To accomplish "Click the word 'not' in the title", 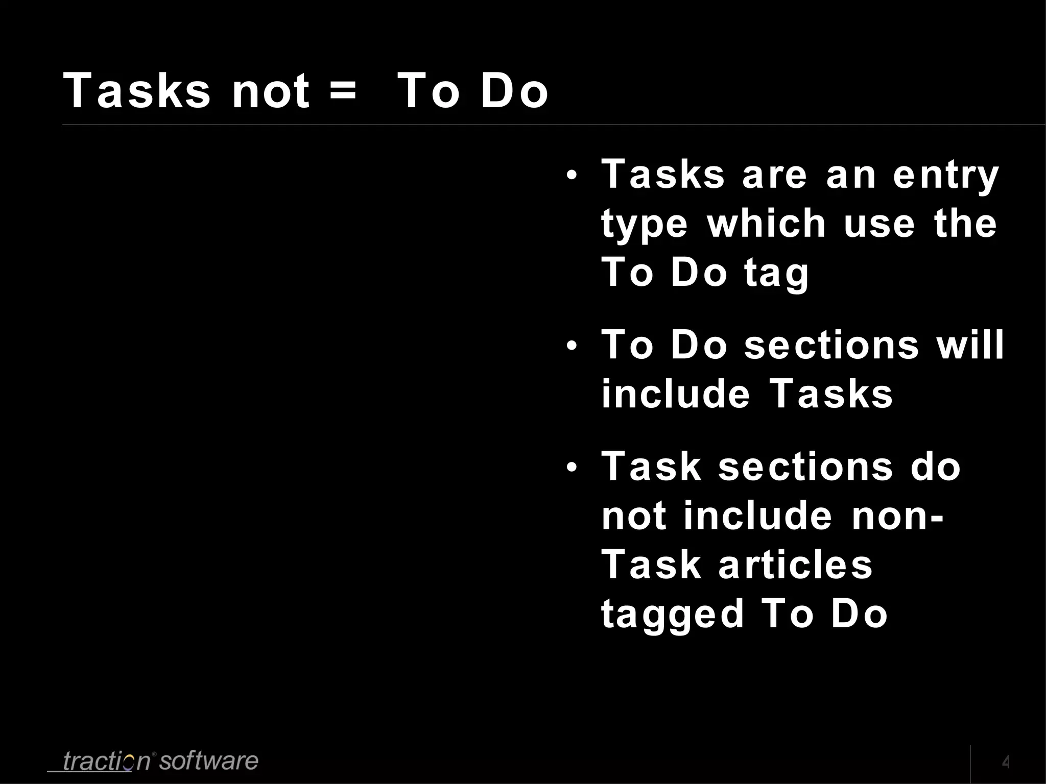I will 271,91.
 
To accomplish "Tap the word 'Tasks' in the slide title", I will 136,91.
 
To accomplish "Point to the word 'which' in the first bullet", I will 767,224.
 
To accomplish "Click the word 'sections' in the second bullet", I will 831,345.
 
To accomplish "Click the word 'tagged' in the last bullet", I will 672,615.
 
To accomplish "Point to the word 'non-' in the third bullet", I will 897,516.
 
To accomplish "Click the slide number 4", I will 1006,763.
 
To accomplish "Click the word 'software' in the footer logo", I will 209,761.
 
